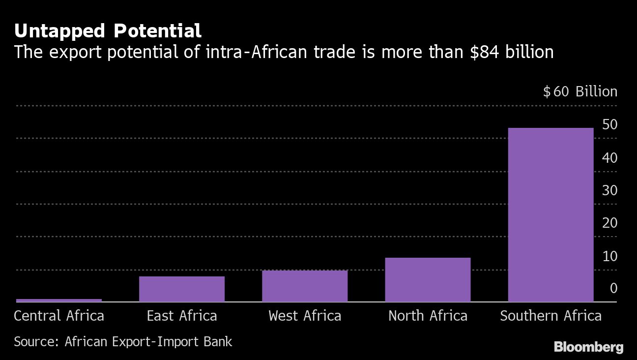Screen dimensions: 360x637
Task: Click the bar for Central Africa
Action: (x=59, y=300)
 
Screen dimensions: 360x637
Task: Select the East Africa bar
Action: (x=182, y=289)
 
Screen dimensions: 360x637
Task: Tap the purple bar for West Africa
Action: (x=305, y=286)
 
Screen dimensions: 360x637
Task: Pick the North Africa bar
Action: (x=428, y=280)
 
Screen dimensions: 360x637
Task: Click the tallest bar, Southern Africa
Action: (x=550, y=215)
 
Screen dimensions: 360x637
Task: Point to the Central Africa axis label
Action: (x=59, y=315)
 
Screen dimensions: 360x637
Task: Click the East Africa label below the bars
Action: (x=182, y=315)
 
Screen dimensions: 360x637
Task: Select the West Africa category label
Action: (x=305, y=315)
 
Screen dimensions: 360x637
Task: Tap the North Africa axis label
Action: (x=428, y=315)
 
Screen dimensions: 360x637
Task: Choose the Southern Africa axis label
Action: (x=550, y=315)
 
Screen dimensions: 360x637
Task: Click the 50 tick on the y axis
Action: (x=609, y=125)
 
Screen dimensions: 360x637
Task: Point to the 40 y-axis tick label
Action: (x=609, y=158)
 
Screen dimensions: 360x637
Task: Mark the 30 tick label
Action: (x=609, y=190)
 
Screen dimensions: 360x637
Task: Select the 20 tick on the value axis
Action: (x=609, y=223)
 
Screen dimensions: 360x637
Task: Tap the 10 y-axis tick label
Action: (x=609, y=256)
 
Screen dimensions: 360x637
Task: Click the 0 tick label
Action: (x=613, y=288)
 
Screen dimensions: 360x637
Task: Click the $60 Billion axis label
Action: (x=580, y=91)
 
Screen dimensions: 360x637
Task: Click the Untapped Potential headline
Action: (x=108, y=31)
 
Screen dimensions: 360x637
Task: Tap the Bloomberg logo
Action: (x=588, y=347)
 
